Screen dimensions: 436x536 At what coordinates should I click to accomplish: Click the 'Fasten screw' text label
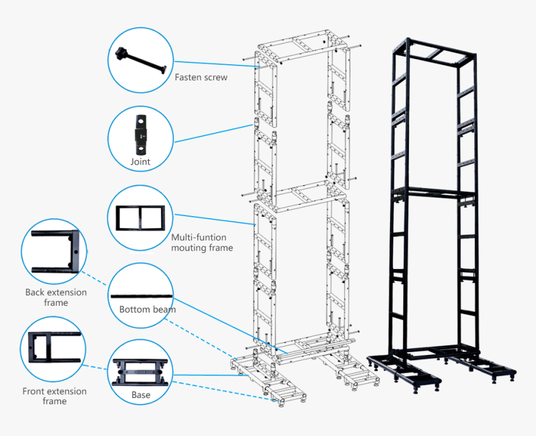201,78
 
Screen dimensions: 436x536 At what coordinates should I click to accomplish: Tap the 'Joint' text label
140,162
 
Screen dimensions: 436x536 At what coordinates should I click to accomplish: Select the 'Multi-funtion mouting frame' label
201,242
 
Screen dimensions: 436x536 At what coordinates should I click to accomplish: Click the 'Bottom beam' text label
147,309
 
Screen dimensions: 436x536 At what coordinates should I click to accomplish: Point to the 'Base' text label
140,395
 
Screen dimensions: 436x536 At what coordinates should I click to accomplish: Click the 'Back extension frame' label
56,297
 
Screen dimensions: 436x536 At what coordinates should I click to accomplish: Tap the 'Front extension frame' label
54,396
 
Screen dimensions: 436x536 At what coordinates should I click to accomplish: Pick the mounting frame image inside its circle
140,218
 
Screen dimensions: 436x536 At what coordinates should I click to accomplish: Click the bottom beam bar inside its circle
140,296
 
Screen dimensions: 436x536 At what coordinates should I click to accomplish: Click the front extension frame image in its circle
54,348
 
